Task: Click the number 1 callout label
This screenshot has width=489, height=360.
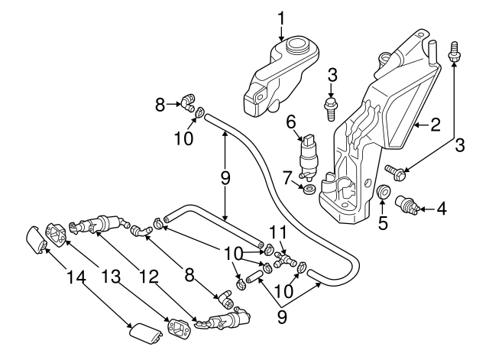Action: click(x=281, y=16)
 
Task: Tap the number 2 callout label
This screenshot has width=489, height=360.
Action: click(x=435, y=124)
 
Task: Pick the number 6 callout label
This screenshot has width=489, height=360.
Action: click(x=291, y=122)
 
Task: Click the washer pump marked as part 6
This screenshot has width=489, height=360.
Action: click(x=310, y=156)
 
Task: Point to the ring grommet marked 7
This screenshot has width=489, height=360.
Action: click(x=308, y=189)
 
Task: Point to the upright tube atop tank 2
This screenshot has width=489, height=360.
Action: click(x=432, y=54)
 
